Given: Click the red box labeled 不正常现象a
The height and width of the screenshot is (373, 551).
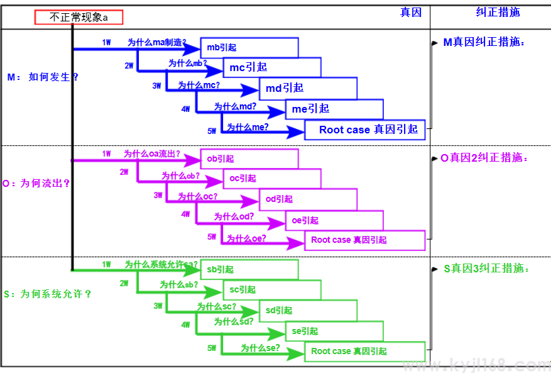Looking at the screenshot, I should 79,18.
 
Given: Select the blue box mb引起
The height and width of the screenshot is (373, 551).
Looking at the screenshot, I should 249,47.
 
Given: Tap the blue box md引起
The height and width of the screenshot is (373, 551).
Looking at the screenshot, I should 308,88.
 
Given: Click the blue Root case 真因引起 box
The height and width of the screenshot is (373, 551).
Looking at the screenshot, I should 365,130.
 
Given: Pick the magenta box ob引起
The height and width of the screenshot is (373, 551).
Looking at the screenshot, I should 249,159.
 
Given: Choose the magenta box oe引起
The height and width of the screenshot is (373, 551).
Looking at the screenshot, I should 334,220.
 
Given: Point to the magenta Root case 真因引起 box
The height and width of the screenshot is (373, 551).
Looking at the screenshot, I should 365,240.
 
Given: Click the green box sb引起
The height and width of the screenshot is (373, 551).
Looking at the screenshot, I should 249,269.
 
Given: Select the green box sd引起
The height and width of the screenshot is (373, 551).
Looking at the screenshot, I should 308,310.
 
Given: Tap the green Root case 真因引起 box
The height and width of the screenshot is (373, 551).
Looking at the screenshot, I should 365,351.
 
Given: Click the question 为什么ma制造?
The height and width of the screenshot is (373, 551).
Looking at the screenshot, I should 156,42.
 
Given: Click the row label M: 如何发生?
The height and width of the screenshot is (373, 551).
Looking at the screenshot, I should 43,77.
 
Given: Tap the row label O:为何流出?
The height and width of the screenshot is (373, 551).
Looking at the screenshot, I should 36,184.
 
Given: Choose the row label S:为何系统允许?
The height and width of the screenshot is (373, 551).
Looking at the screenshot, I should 47,294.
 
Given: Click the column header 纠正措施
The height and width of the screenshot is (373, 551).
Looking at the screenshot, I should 498,12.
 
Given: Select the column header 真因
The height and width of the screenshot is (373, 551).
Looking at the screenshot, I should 411,12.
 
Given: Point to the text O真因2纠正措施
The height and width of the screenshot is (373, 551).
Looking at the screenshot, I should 484,158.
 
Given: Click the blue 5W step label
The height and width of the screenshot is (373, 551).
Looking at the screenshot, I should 211,131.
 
